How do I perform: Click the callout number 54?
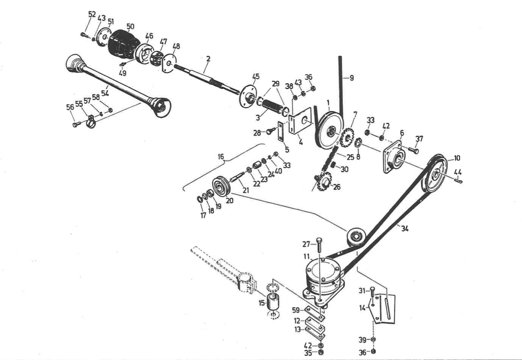[x=105, y=93]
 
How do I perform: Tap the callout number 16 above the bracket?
[x=221, y=157]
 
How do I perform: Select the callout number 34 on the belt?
[x=404, y=227]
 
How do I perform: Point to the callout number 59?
[x=296, y=310]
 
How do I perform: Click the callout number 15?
[x=261, y=303]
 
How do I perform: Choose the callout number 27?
[x=306, y=244]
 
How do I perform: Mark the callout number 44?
[x=458, y=172]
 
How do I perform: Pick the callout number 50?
[x=130, y=27]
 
